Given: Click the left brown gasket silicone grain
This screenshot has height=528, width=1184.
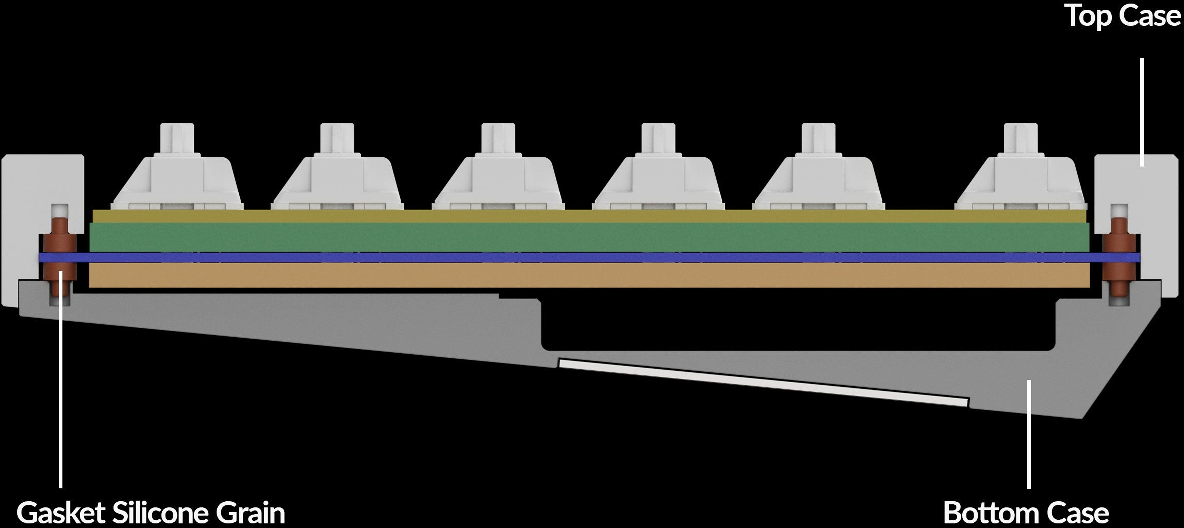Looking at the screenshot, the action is click(x=60, y=257).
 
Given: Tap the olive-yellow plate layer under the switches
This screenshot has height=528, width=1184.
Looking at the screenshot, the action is click(x=590, y=216).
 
